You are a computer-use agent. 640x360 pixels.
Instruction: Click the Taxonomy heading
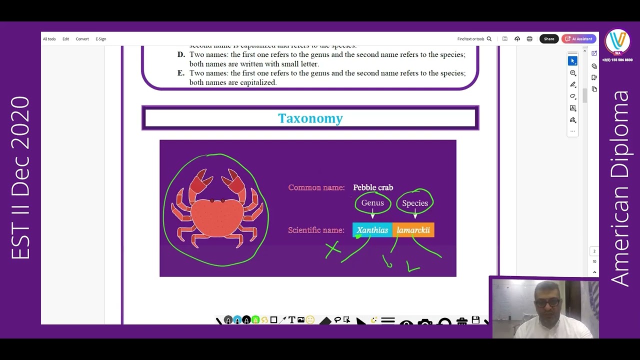[310, 118]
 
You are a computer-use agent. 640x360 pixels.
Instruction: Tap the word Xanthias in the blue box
[372, 230]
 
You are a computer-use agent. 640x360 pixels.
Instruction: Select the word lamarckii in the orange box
[413, 230]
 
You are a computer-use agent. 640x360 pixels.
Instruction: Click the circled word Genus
[372, 203]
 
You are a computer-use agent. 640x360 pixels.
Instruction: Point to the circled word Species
[415, 203]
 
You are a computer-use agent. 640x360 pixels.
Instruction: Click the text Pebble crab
[373, 187]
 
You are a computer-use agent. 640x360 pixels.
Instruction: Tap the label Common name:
[316, 187]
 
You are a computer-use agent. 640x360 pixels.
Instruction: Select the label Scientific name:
[316, 230]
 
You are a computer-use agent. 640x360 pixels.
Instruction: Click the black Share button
[549, 39]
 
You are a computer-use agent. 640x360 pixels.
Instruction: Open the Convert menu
[82, 39]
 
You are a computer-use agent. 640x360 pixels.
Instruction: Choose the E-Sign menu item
[101, 39]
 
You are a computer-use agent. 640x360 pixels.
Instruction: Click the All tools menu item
[49, 39]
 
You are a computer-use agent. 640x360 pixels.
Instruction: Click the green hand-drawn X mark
[333, 248]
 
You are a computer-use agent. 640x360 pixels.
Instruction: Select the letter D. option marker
[181, 54]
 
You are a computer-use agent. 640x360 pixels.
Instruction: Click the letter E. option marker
[181, 73]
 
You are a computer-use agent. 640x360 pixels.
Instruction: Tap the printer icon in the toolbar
[529, 39]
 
